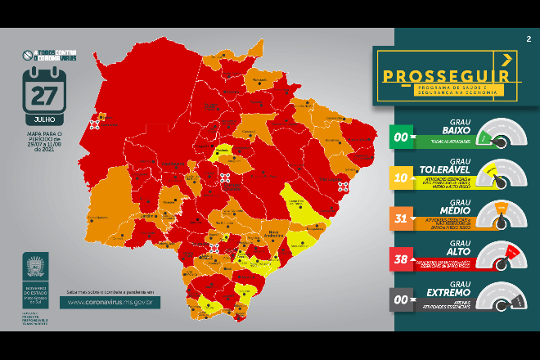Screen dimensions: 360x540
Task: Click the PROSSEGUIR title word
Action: pos(439,77)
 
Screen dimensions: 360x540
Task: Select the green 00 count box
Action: pos(403,137)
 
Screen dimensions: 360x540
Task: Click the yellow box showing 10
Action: pos(403,177)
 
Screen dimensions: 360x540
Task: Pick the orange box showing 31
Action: pos(403,218)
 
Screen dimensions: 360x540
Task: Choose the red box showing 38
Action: pos(403,259)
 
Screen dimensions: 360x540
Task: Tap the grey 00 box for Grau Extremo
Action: pos(403,299)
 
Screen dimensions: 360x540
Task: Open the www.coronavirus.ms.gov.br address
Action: pos(114,302)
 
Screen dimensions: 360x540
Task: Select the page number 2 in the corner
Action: pos(529,38)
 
